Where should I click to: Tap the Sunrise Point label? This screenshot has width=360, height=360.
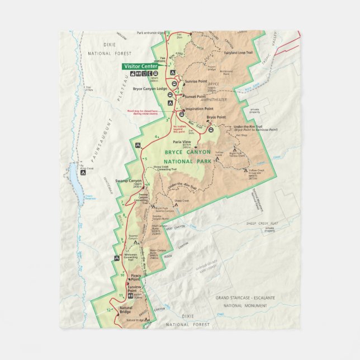point(195,81)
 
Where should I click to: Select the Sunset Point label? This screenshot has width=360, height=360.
point(194,96)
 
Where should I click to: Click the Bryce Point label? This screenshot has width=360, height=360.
point(216,117)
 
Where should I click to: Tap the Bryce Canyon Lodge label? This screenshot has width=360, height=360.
point(150,88)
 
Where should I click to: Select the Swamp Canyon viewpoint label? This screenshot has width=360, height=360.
point(129,181)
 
